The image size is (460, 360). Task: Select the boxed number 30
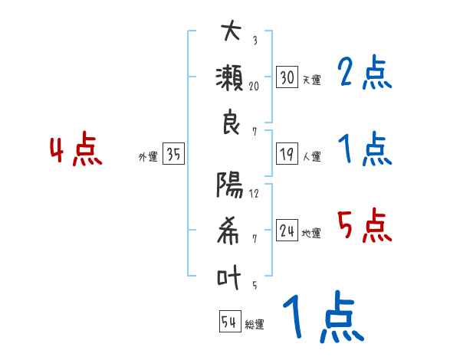pos(287,77)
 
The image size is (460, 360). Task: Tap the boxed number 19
pos(287,154)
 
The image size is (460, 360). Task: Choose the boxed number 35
pos(173,155)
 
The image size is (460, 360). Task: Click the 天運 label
pos(311,80)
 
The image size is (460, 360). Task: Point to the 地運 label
pos(311,234)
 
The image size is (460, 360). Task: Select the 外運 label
pos(148,157)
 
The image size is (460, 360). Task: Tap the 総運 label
pos(255,325)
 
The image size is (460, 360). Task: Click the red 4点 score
pos(75,152)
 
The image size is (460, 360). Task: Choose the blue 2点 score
pos(365,73)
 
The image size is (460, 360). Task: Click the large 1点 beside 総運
pos(322,318)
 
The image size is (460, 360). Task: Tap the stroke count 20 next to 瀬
pos(254,87)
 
